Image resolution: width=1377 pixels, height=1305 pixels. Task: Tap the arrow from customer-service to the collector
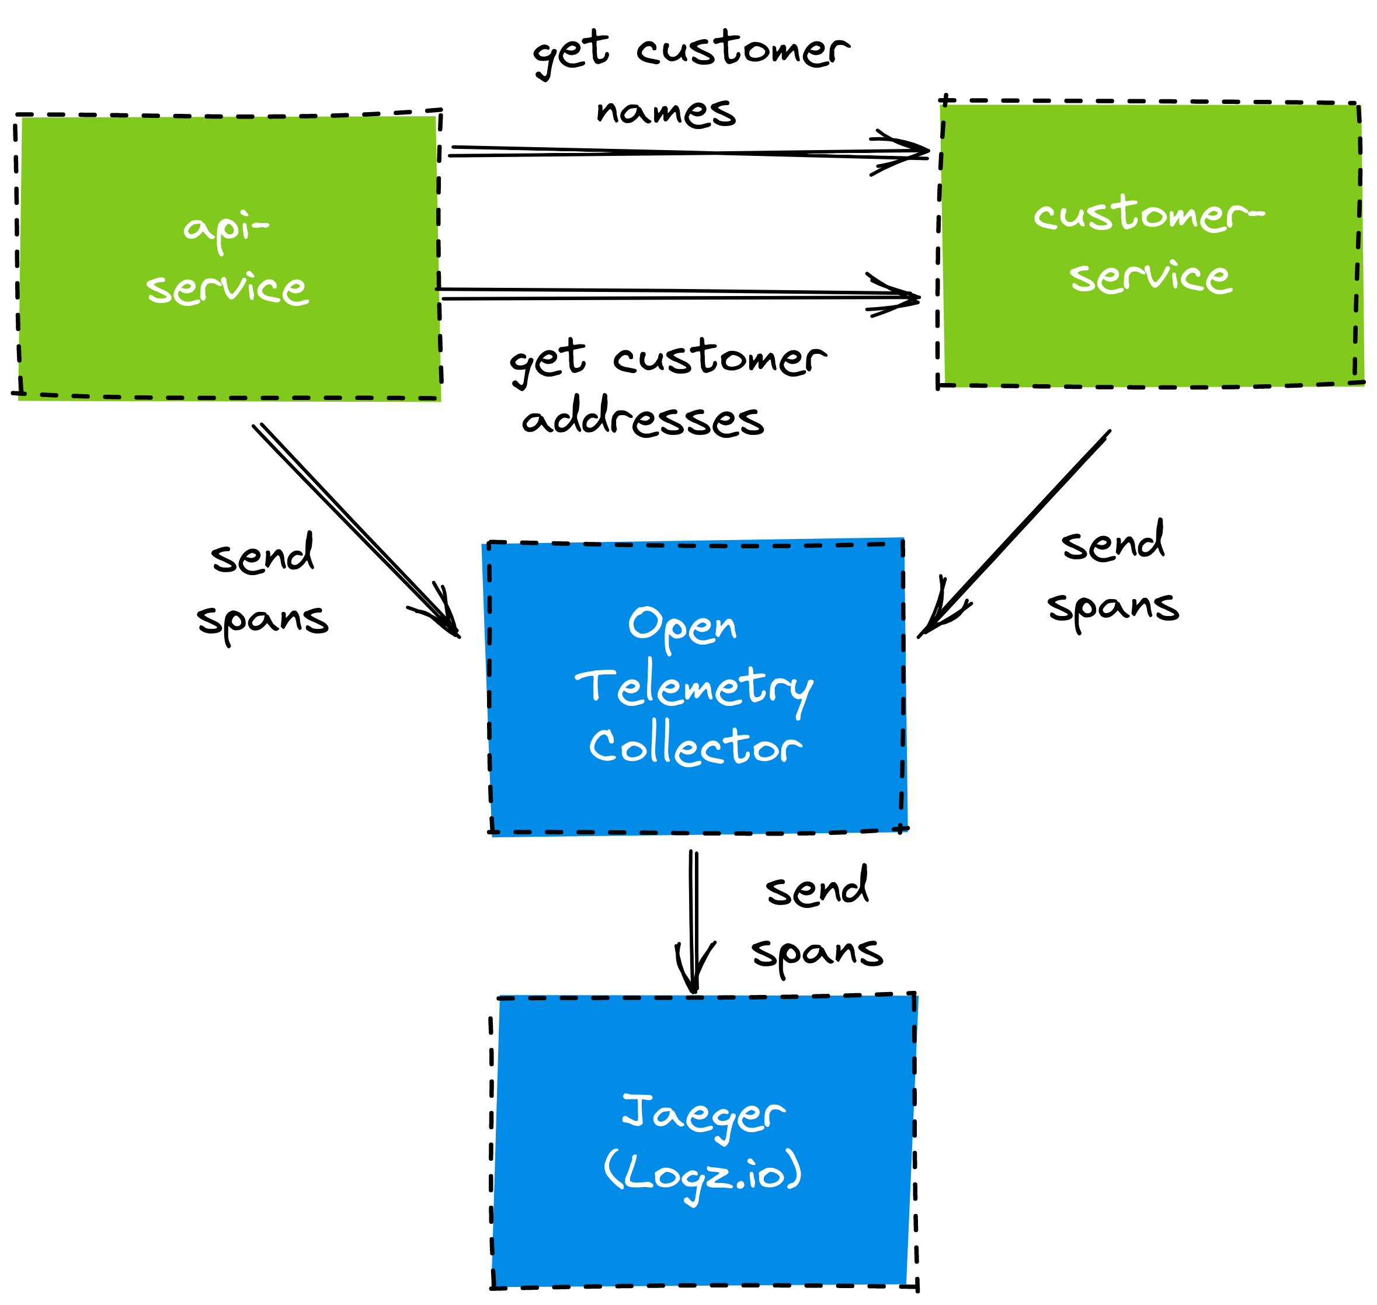(x=1016, y=532)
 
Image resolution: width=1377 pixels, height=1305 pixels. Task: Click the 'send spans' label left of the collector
(x=263, y=588)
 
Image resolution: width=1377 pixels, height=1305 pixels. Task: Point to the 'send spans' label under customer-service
(x=1113, y=576)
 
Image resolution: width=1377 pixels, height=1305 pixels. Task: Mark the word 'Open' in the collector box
(x=682, y=626)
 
